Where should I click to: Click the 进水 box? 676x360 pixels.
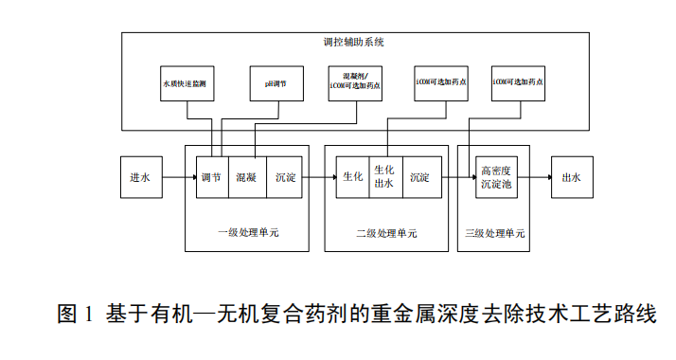click(x=140, y=176)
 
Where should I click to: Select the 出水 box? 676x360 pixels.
click(x=571, y=176)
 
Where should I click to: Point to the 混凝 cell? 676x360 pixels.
click(x=247, y=177)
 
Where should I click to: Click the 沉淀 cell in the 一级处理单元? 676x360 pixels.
click(x=286, y=177)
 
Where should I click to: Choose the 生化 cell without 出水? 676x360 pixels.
click(x=352, y=177)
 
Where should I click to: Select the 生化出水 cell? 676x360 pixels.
click(x=384, y=177)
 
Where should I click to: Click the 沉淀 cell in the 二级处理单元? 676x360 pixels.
click(x=421, y=177)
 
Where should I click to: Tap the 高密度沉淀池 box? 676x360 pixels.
click(x=496, y=177)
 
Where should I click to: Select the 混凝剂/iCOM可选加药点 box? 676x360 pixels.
click(x=356, y=81)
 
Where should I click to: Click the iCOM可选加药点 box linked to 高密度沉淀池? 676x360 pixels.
click(x=517, y=82)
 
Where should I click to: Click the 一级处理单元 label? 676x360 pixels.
click(x=248, y=232)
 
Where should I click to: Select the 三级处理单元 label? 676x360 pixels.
click(x=495, y=232)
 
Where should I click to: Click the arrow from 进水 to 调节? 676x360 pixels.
click(x=178, y=177)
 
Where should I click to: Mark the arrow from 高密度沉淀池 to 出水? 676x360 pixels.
click(x=533, y=177)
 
